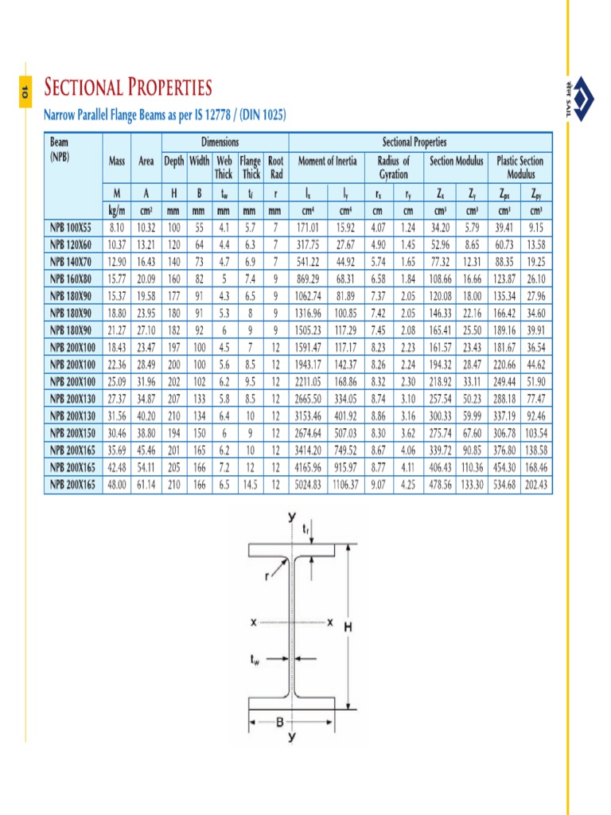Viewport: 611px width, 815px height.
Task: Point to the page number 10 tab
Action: tap(25, 92)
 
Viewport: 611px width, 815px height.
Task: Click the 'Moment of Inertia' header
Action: tap(326, 161)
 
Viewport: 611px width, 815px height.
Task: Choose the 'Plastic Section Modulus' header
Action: tap(520, 167)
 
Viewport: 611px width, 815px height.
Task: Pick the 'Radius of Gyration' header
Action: tap(393, 167)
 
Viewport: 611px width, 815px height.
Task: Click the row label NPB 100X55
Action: tap(72, 227)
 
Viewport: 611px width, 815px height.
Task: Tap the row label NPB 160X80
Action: tap(72, 279)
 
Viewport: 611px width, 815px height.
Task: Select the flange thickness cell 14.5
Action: tap(251, 485)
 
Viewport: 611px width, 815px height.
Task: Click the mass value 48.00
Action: tap(118, 485)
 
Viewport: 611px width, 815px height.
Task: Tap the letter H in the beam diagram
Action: tap(348, 627)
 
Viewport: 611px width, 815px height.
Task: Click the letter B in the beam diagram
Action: tap(279, 722)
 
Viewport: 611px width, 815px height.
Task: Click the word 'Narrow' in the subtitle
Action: tap(64, 115)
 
